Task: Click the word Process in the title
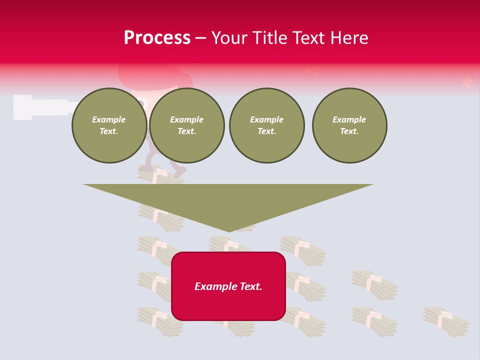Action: pyautogui.click(x=157, y=38)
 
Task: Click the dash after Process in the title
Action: pyautogui.click(x=200, y=38)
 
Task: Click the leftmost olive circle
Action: pyautogui.click(x=109, y=125)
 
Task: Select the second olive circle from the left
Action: pyautogui.click(x=187, y=125)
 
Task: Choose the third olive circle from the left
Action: pyautogui.click(x=266, y=125)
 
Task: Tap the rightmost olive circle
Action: pyautogui.click(x=349, y=125)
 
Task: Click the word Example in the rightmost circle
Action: pyautogui.click(x=349, y=119)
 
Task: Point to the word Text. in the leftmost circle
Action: pyautogui.click(x=109, y=131)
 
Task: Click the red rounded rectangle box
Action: pyautogui.click(x=228, y=286)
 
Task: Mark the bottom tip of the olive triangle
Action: pyautogui.click(x=229, y=231)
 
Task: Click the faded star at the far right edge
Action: pyautogui.click(x=466, y=81)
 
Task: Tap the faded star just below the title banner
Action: pyautogui.click(x=312, y=70)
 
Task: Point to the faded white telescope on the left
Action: pyautogui.click(x=40, y=107)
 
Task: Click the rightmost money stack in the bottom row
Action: pyautogui.click(x=445, y=321)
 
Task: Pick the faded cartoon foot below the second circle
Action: pyautogui.click(x=179, y=171)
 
